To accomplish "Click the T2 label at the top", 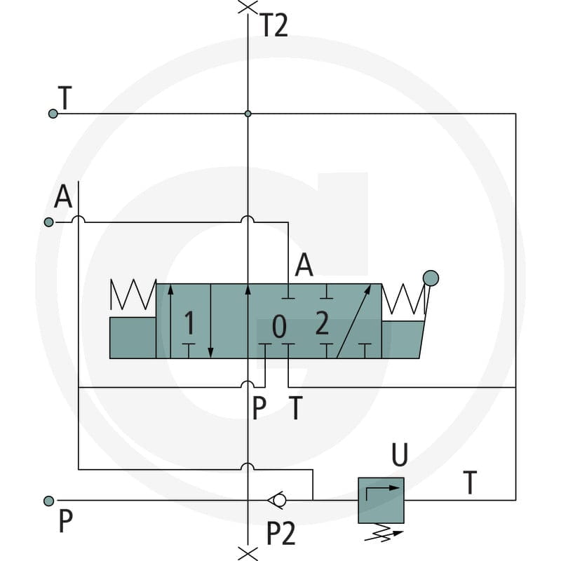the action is [273, 25].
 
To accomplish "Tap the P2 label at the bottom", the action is [281, 533].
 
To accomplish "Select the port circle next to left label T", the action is [53, 114].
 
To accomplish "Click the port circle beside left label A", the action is [48, 222].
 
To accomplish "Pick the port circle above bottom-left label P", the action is [48, 501].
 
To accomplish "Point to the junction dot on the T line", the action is [248, 114].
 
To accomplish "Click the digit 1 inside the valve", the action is [189, 323].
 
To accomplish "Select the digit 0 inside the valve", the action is [279, 326].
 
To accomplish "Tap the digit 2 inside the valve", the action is [322, 323].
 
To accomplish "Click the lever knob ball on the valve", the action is [431, 278].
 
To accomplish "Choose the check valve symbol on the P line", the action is [277, 500].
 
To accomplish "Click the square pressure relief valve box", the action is [381, 500].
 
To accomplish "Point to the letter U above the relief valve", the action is [400, 454].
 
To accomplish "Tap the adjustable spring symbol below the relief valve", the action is [383, 532].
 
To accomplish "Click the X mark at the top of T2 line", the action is [248, 7].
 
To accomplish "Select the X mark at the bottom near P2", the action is [248, 553].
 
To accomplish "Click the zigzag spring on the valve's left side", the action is [133, 295].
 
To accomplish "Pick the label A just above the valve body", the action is [304, 265].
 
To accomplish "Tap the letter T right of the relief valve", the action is [470, 482].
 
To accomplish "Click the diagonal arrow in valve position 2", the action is [354, 321].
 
